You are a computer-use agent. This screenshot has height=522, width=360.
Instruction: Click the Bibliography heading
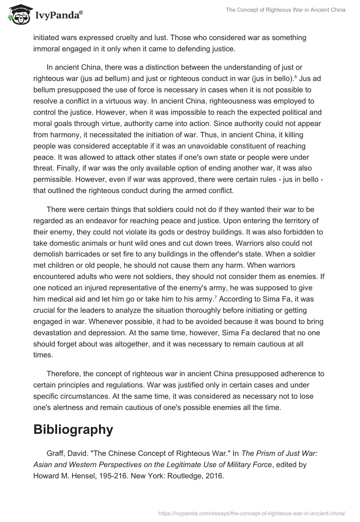(x=73, y=429)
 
